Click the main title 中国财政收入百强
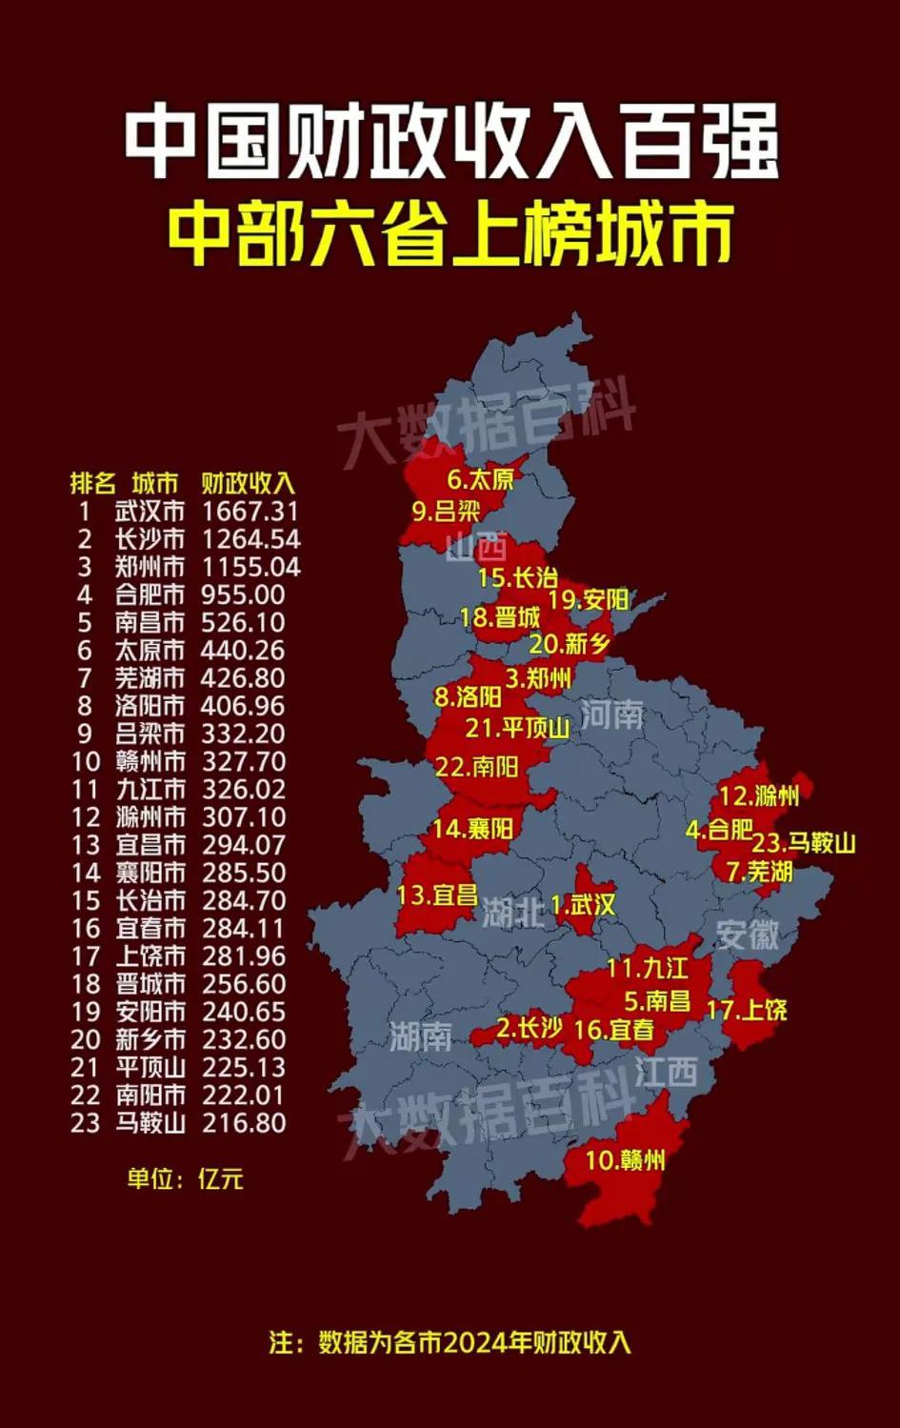[450, 144]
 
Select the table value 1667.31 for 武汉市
[250, 512]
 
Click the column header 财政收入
[249, 483]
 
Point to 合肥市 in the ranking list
[150, 594]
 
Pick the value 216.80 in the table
[243, 1122]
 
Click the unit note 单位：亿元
[186, 1178]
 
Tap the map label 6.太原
[480, 479]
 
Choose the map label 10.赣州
[625, 1159]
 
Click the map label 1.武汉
[583, 905]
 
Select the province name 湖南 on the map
[420, 1036]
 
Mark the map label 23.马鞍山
[804, 842]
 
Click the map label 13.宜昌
[437, 895]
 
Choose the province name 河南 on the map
[611, 714]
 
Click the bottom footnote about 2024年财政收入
[450, 1342]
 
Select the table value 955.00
[243, 594]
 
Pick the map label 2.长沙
[530, 1028]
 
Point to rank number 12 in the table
[85, 816]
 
